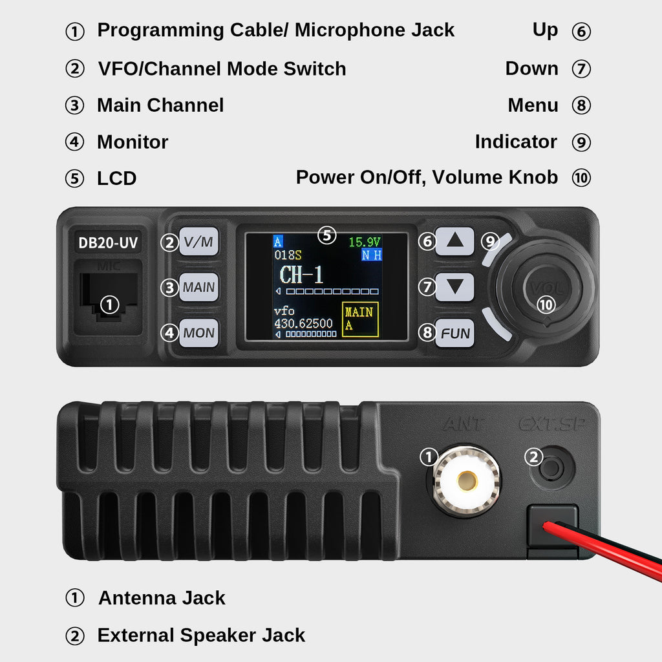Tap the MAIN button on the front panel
(198, 287)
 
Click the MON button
(198, 333)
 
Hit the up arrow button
(454, 241)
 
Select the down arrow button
(454, 287)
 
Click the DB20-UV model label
(108, 242)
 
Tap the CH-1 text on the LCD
(301, 274)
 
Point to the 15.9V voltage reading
(365, 242)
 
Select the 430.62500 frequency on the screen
(303, 323)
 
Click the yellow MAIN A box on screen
(360, 319)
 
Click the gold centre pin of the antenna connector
(467, 481)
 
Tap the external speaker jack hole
(552, 468)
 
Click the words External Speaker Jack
(201, 635)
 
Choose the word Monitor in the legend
(133, 142)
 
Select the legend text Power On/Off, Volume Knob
(427, 177)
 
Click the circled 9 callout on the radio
(490, 242)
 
